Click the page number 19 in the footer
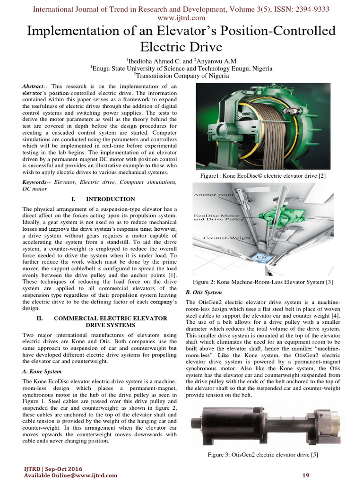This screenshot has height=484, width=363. (x=305, y=475)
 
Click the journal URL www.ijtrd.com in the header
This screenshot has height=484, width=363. (x=181, y=18)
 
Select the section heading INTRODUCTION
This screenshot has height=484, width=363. (x=110, y=199)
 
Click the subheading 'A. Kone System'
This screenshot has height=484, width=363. (x=42, y=372)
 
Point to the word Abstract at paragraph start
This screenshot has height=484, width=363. (x=33, y=86)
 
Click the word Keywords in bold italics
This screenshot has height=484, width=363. (x=36, y=181)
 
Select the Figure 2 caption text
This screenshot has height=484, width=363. (x=263, y=282)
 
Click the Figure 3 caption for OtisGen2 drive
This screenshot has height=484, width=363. (x=263, y=455)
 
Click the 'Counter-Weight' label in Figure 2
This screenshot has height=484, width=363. (x=227, y=238)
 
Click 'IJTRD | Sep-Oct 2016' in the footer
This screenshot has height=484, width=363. (x=52, y=468)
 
